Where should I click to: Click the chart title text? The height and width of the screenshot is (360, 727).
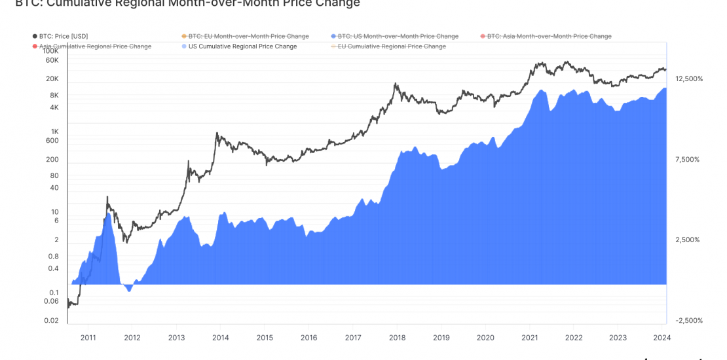[x=187, y=4]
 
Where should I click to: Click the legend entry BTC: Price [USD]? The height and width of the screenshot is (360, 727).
[x=64, y=36]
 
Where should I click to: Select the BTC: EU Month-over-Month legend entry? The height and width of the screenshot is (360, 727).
[x=248, y=36]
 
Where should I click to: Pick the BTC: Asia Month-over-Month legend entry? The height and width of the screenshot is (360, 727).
[x=550, y=36]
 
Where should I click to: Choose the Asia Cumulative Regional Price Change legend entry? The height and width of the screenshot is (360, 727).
[x=95, y=46]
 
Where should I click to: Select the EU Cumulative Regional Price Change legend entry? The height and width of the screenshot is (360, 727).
[x=392, y=46]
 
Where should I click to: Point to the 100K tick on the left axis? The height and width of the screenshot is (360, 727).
[x=51, y=50]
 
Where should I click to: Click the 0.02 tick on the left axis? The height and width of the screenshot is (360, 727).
[x=52, y=320]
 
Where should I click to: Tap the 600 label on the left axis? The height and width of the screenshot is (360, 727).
[x=52, y=141]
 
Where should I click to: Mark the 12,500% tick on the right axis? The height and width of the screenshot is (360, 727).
[x=688, y=79]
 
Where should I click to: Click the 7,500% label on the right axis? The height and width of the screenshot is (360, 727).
[x=688, y=160]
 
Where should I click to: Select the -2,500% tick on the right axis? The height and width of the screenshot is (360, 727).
[x=688, y=321]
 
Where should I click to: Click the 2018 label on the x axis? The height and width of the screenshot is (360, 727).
[x=397, y=338]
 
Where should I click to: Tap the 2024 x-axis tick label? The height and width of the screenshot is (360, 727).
[x=662, y=338]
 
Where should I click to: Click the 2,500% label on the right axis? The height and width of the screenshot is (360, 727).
[x=688, y=240]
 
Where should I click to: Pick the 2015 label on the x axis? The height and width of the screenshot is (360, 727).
[x=265, y=338]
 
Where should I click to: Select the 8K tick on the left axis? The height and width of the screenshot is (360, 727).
[x=54, y=95]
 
